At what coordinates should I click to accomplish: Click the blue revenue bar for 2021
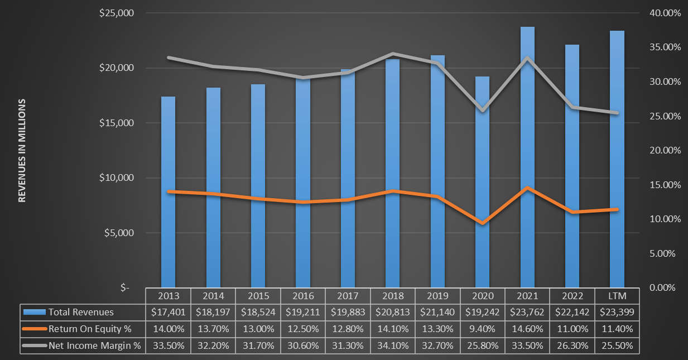[x=527, y=156]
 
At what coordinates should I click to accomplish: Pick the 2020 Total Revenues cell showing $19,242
[x=482, y=312]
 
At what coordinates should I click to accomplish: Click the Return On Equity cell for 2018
[x=392, y=329]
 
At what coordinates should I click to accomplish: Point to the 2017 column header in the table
[x=348, y=295]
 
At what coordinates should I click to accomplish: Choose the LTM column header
[x=617, y=295]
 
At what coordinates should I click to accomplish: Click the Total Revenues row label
[x=81, y=312]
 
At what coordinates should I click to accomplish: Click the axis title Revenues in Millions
[x=22, y=150]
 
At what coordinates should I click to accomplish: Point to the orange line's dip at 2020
[x=482, y=223]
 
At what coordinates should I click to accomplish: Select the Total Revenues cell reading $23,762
[x=527, y=312]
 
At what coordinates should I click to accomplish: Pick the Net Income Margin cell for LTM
[x=617, y=345]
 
